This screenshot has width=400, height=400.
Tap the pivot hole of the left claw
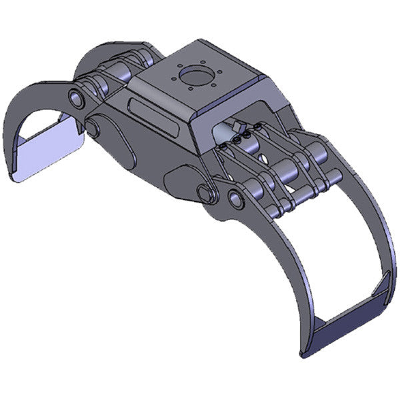pyautogui.click(x=77, y=100)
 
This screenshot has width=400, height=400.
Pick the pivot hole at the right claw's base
pyautogui.click(x=235, y=198)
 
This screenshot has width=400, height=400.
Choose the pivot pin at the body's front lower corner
pyautogui.click(x=204, y=194)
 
